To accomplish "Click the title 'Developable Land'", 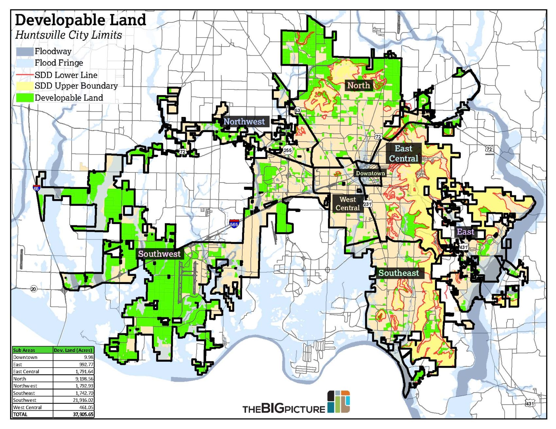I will (80, 20).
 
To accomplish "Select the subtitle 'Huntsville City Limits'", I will (69, 35).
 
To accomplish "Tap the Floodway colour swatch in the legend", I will (25, 51).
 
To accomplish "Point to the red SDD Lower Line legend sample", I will (25, 75).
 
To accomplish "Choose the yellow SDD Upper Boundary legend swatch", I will (25, 86).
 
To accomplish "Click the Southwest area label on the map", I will (159, 254).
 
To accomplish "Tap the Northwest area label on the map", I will (244, 121).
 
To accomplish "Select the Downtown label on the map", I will (370, 173).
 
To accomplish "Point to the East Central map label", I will (403, 153).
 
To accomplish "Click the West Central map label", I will (347, 203).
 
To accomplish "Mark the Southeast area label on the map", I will (398, 273).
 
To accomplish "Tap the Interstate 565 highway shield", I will (234, 224).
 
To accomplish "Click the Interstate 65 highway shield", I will (36, 188).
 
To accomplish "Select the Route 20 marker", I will (34, 289).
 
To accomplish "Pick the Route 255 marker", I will (287, 150).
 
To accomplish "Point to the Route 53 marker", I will (297, 110).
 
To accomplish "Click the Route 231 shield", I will (367, 204).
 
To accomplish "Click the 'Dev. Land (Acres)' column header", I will (73, 350).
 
